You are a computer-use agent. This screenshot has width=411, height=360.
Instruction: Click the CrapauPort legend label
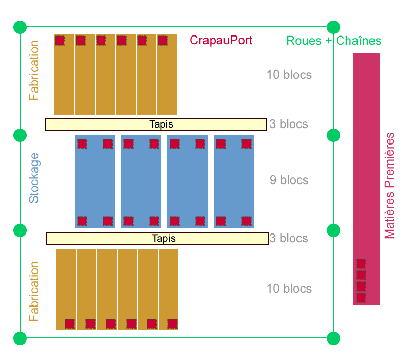click(221, 41)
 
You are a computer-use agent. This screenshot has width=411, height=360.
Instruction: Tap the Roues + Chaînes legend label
click(334, 41)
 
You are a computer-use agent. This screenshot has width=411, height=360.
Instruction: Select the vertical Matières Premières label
click(390, 186)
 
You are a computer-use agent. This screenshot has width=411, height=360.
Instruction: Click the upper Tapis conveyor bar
click(156, 124)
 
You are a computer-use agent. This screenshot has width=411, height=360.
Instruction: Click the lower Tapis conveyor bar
click(157, 239)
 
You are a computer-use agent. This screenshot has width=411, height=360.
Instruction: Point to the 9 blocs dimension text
click(289, 180)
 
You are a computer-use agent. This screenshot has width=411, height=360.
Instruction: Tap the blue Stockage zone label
click(34, 177)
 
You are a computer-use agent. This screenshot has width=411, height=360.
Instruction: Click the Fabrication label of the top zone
click(34, 70)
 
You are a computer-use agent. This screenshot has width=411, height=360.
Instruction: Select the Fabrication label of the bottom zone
click(34, 291)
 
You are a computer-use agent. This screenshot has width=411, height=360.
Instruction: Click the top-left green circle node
click(20, 27)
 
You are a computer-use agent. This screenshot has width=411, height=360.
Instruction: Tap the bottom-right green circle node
click(333, 338)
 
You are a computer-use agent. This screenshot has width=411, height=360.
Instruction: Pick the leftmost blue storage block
click(95, 182)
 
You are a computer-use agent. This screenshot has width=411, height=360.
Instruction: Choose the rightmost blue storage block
click(234, 182)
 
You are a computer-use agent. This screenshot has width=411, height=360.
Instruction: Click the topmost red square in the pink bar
click(361, 264)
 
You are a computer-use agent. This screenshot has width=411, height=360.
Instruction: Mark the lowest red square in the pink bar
click(361, 298)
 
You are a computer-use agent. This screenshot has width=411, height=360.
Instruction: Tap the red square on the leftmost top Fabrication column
click(60, 40)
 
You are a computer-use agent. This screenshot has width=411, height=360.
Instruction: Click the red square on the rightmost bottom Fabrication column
click(173, 324)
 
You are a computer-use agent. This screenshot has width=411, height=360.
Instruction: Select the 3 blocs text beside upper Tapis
click(289, 124)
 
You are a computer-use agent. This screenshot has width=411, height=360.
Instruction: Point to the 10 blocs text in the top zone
click(289, 75)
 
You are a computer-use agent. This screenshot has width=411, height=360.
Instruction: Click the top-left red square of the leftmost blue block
click(82, 144)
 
